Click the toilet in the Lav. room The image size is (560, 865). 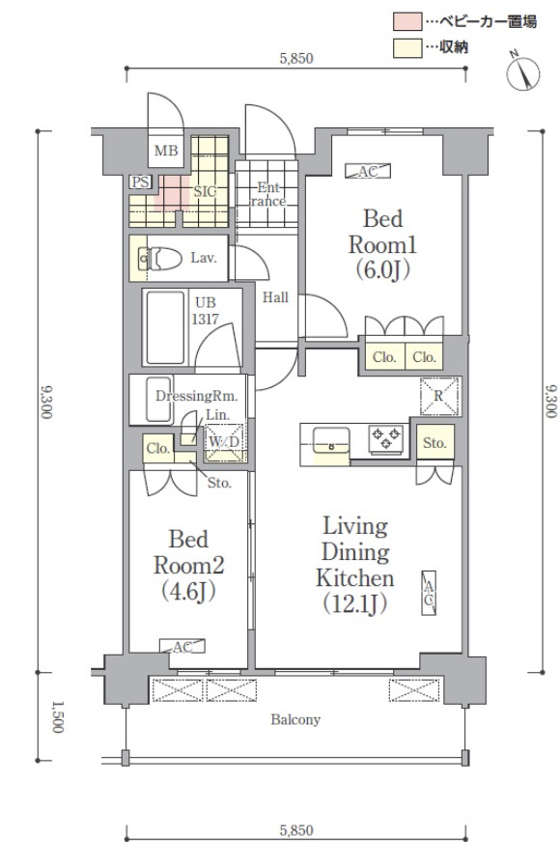point(160,258)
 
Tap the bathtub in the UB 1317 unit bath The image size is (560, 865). point(165,327)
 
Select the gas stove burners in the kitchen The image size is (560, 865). point(385,439)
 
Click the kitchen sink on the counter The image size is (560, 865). point(331,439)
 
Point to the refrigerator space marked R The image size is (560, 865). point(439,396)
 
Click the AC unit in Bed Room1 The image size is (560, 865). point(368,171)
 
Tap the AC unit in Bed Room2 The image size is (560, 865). point(182,646)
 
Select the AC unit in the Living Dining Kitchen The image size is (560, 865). point(429,593)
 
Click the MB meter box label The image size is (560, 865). point(165,150)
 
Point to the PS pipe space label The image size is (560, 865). point(141,182)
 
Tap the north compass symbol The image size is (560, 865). point(522,72)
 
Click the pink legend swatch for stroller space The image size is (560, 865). point(407,21)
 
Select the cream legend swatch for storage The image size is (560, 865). point(407,47)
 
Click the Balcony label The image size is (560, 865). point(295,719)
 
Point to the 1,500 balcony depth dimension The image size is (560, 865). point(57,716)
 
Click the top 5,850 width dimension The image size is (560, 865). point(296,59)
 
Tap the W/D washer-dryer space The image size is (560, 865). point(225,442)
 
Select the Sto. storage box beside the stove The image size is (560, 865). point(435,442)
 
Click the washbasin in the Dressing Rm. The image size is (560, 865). point(158,400)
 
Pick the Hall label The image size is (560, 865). point(275,297)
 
